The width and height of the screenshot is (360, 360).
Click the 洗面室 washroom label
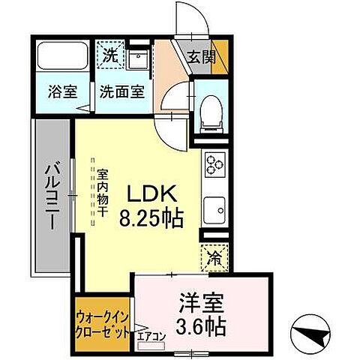click(x=122, y=97)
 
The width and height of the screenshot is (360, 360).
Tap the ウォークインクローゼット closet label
click(x=103, y=325)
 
